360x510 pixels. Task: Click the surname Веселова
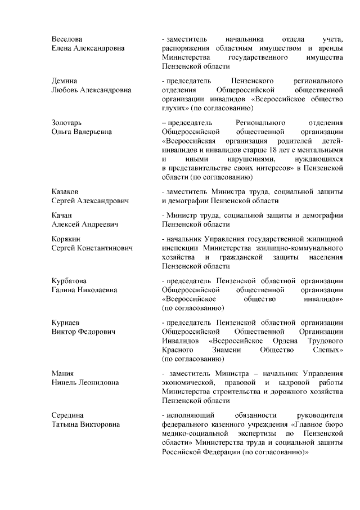click(66, 39)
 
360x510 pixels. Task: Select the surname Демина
click(64, 80)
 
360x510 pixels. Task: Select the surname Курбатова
click(69, 281)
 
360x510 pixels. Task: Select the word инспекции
click(180, 248)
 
